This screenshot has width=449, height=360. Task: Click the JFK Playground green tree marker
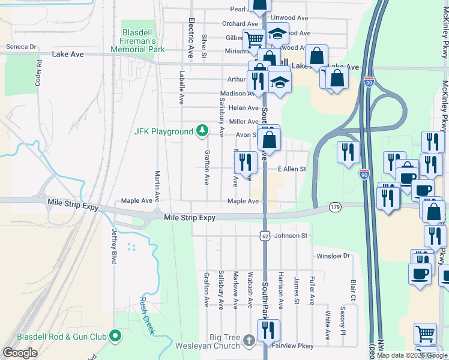click(203, 131)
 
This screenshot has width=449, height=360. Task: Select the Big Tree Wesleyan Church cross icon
click(250, 341)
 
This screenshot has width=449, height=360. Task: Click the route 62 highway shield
click(265, 236)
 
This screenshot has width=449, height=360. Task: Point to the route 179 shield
click(335, 207)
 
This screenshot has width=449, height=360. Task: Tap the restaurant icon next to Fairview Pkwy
click(268, 331)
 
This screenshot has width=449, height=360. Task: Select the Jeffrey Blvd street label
click(113, 245)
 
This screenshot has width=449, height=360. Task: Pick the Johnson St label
click(291, 236)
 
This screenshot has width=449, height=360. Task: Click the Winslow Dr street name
click(333, 256)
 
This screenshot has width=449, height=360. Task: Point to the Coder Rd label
click(38, 73)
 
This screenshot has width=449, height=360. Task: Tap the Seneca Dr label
click(21, 46)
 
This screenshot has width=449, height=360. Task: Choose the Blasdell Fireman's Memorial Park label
click(135, 39)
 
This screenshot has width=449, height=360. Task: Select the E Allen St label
click(291, 170)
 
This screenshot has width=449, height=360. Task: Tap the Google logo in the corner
click(20, 353)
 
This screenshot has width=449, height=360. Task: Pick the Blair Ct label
click(353, 290)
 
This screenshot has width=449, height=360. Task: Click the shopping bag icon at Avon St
click(270, 140)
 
